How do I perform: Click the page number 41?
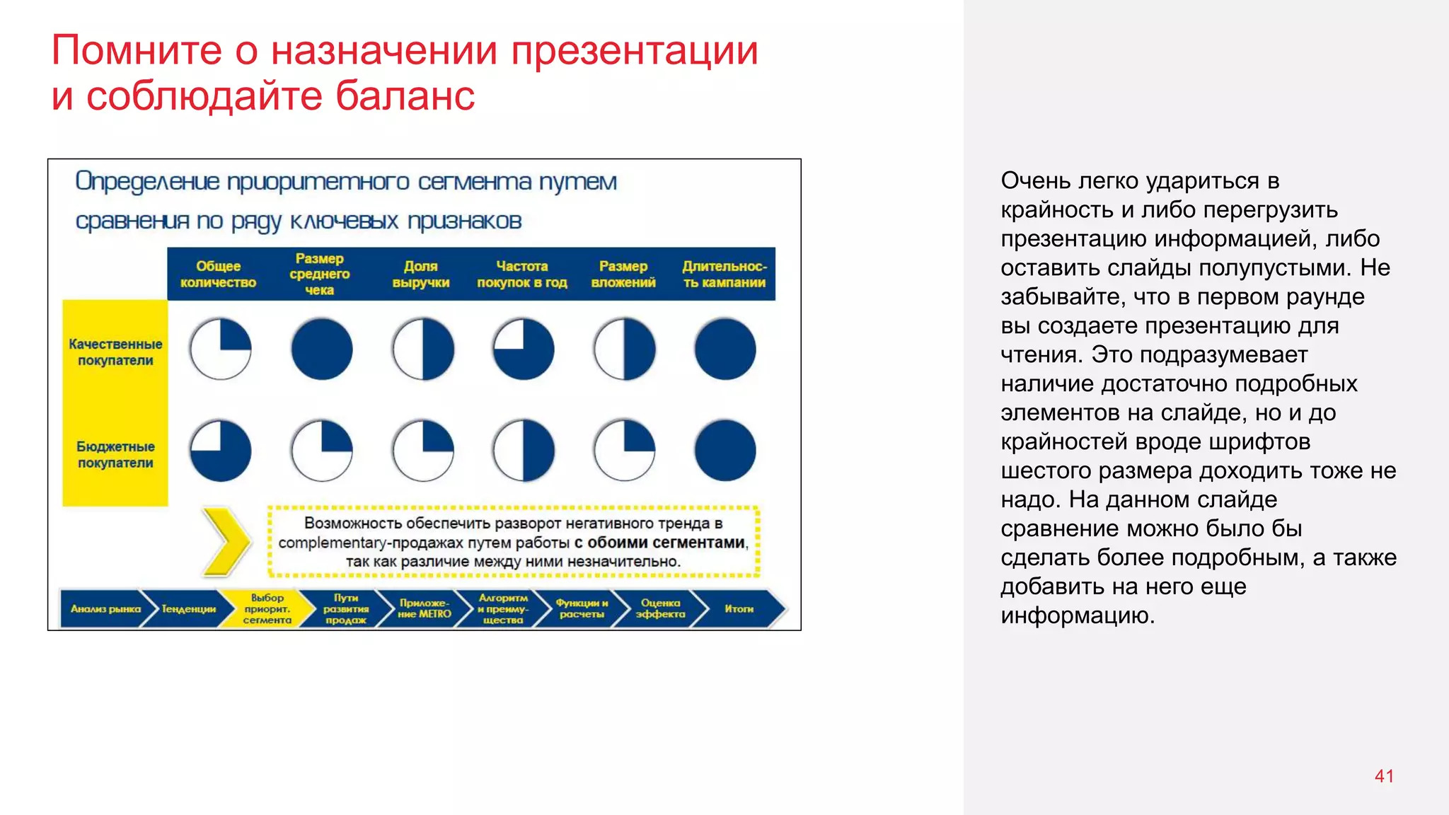click(1384, 776)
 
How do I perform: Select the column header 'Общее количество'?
click(218, 274)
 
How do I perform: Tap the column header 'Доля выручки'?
click(421, 274)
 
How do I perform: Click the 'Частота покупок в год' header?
click(522, 274)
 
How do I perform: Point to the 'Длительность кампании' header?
click(724, 274)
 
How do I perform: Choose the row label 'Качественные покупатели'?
click(115, 352)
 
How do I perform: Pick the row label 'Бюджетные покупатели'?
click(115, 455)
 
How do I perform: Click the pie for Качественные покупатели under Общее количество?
click(221, 349)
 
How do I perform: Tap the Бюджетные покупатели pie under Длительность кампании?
click(725, 451)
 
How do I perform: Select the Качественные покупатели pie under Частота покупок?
click(524, 349)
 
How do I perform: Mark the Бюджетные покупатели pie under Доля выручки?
click(423, 451)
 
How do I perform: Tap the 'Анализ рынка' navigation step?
click(105, 609)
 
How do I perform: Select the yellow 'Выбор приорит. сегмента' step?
click(267, 609)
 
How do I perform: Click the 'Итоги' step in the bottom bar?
click(739, 609)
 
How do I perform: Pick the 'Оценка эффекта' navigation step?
click(660, 609)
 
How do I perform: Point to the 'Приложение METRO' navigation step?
click(424, 609)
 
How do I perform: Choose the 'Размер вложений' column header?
click(623, 274)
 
